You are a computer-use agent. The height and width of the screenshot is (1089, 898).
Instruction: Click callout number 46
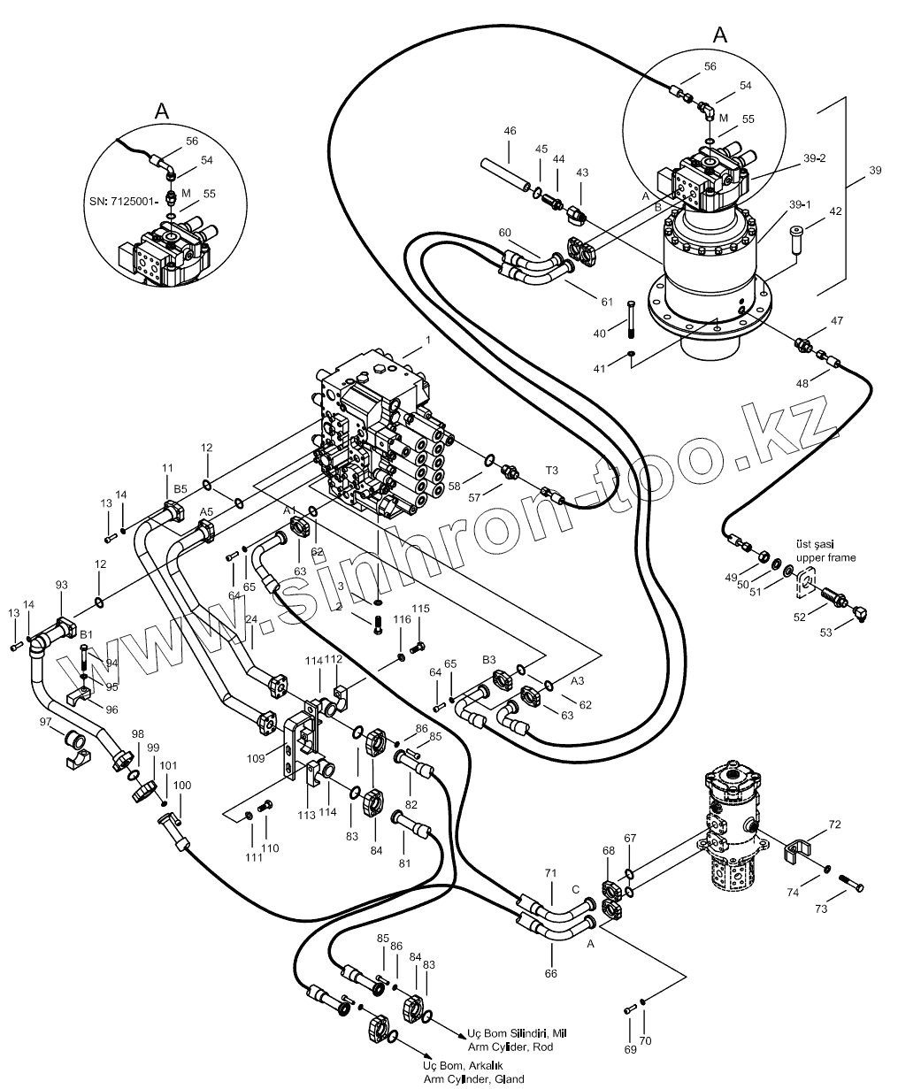510,131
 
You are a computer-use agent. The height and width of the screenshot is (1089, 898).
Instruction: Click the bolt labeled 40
630,318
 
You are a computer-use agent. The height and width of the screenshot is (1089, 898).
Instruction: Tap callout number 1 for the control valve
427,340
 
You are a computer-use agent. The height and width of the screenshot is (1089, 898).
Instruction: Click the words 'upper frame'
825,558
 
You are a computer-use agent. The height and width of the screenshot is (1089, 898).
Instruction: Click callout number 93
61,585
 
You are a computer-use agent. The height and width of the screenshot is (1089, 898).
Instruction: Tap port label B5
180,488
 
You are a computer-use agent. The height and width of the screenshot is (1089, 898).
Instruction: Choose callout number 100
182,786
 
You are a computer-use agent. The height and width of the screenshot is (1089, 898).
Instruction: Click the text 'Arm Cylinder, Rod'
506,1047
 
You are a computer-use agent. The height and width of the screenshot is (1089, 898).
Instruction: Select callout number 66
551,973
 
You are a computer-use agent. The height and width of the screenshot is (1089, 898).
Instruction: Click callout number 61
606,302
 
